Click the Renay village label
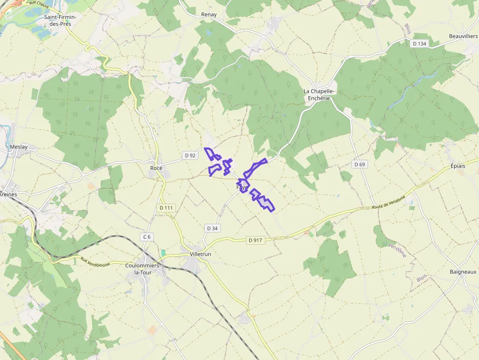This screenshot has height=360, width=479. [209, 15]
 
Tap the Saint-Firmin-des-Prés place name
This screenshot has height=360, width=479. [60, 20]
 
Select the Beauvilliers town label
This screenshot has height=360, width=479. [463, 37]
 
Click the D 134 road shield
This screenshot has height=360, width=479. [419, 44]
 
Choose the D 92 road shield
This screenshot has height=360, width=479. [190, 155]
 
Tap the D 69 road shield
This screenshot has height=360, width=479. [359, 164]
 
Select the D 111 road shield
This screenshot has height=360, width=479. [166, 208]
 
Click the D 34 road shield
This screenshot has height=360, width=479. [212, 228]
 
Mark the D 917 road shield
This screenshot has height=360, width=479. [255, 240]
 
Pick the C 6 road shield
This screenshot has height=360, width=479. [147, 237]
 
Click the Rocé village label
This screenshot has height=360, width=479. [156, 168]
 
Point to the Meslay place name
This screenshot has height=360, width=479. [19, 147]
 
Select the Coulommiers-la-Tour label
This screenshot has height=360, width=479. [143, 269]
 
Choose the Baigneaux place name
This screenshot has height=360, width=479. [463, 271]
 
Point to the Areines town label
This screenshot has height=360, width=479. [8, 194]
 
